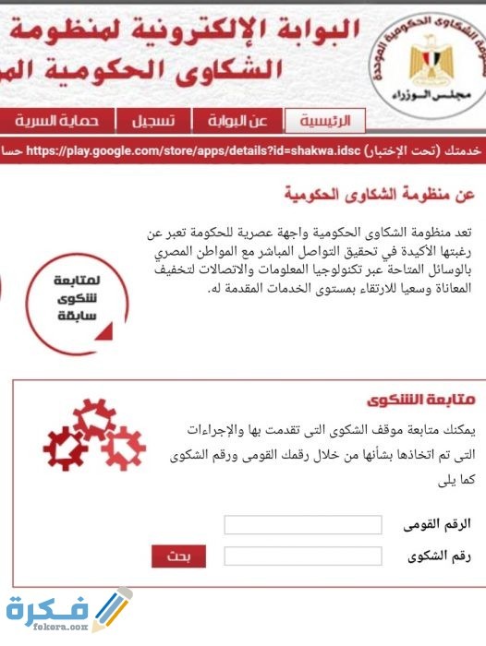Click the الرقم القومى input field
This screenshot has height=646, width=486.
tap(303, 525)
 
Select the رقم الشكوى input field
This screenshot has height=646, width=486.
tap(303, 556)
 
